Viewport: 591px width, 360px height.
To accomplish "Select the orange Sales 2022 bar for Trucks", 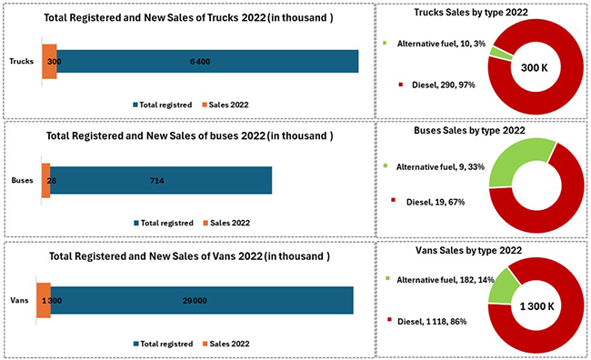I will pyautogui.click(x=49, y=61).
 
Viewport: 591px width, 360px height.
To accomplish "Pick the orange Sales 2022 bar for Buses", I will pyautogui.click(x=45, y=181).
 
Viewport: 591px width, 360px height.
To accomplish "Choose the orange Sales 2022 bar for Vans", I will pyautogui.click(x=43, y=301).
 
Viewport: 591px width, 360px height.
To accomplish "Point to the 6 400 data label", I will pyautogui.click(x=201, y=62).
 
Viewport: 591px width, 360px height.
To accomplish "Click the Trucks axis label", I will pyautogui.click(x=22, y=62).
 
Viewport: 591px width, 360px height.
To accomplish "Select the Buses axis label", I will pyautogui.click(x=22, y=181).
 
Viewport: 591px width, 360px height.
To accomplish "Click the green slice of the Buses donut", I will pyautogui.click(x=516, y=164).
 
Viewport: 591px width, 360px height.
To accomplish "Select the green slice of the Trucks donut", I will pyautogui.click(x=499, y=52).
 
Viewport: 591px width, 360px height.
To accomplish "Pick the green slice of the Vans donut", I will pyautogui.click(x=503, y=285).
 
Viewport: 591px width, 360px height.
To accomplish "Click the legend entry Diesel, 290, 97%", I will pyautogui.click(x=436, y=84).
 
